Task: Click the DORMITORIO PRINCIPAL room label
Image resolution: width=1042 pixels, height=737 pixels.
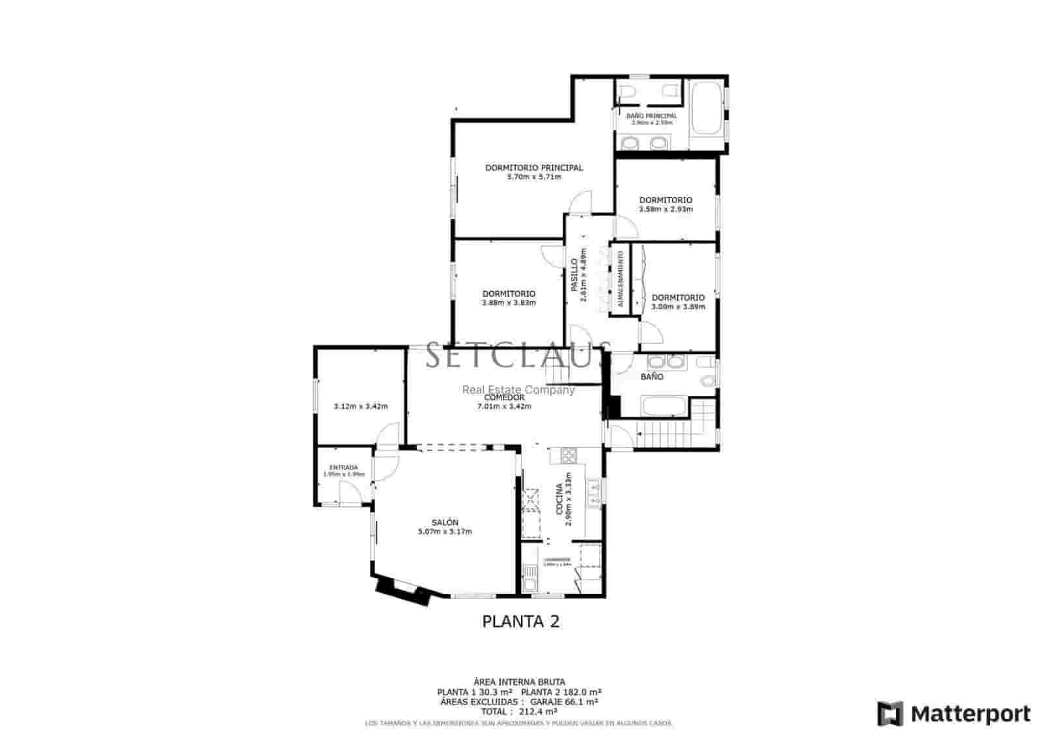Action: click(534, 168)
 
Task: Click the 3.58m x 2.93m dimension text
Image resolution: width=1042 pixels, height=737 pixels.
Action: click(666, 210)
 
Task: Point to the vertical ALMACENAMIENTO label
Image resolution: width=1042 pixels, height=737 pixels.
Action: click(620, 279)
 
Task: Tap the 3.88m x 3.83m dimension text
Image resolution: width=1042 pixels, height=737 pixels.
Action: click(509, 303)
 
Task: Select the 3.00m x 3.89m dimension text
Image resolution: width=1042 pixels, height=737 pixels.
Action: click(678, 307)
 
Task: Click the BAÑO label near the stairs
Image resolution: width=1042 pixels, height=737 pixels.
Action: click(652, 377)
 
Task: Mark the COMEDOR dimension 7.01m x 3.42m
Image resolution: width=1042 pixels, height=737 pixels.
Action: click(504, 406)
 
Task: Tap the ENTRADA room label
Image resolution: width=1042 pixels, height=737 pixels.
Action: click(343, 467)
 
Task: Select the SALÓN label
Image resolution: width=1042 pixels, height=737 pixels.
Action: click(445, 523)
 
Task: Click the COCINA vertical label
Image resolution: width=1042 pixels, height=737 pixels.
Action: click(559, 499)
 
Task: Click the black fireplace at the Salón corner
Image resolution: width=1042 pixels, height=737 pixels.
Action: click(404, 592)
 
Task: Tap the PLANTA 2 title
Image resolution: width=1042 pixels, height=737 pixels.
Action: click(520, 621)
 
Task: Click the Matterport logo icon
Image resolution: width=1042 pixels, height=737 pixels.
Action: click(890, 714)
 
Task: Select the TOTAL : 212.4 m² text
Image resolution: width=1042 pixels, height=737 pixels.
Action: click(519, 712)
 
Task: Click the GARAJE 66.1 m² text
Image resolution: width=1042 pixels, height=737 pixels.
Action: click(564, 702)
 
